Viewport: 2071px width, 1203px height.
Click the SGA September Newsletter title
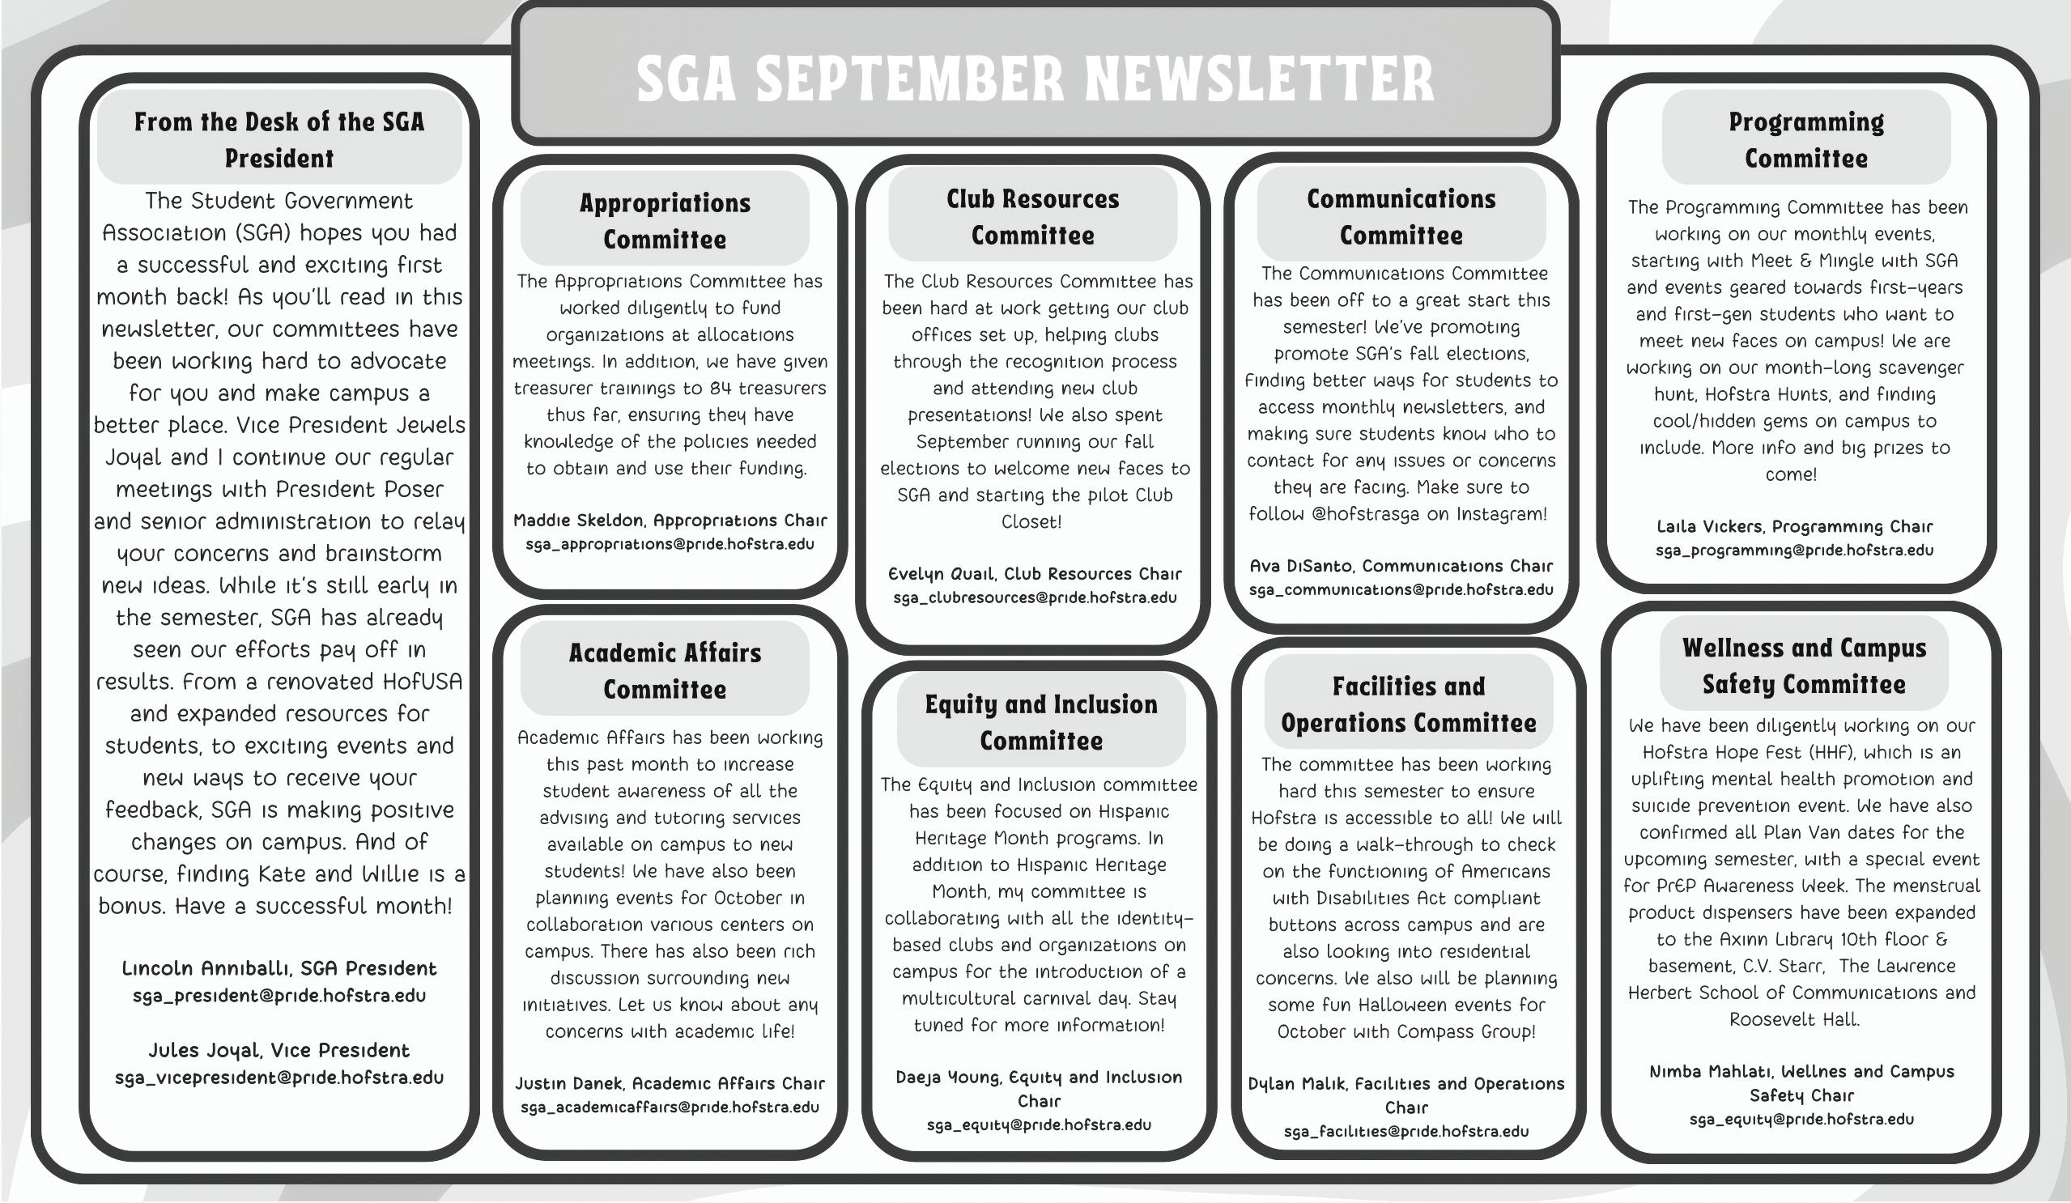point(1035,79)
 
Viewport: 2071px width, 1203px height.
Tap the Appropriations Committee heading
point(664,221)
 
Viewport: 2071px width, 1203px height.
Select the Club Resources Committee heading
point(1032,217)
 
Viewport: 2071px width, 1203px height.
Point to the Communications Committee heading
point(1401,217)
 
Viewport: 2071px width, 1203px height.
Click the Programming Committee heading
point(1805,140)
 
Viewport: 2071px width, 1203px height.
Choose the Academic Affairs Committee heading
point(664,670)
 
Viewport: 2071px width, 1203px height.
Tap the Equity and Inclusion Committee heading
point(1040,722)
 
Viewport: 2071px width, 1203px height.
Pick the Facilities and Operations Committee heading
point(1408,704)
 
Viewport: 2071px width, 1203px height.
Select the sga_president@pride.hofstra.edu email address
point(279,996)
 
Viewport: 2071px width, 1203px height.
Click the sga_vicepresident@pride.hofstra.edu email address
point(279,1078)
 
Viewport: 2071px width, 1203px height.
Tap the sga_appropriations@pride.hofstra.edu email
point(669,544)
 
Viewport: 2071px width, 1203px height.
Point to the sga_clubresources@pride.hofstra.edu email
point(1035,597)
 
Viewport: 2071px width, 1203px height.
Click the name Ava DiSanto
point(1301,566)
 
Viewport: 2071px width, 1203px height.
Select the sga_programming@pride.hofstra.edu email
point(1794,550)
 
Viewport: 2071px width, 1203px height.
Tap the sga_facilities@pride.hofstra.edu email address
point(1406,1132)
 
